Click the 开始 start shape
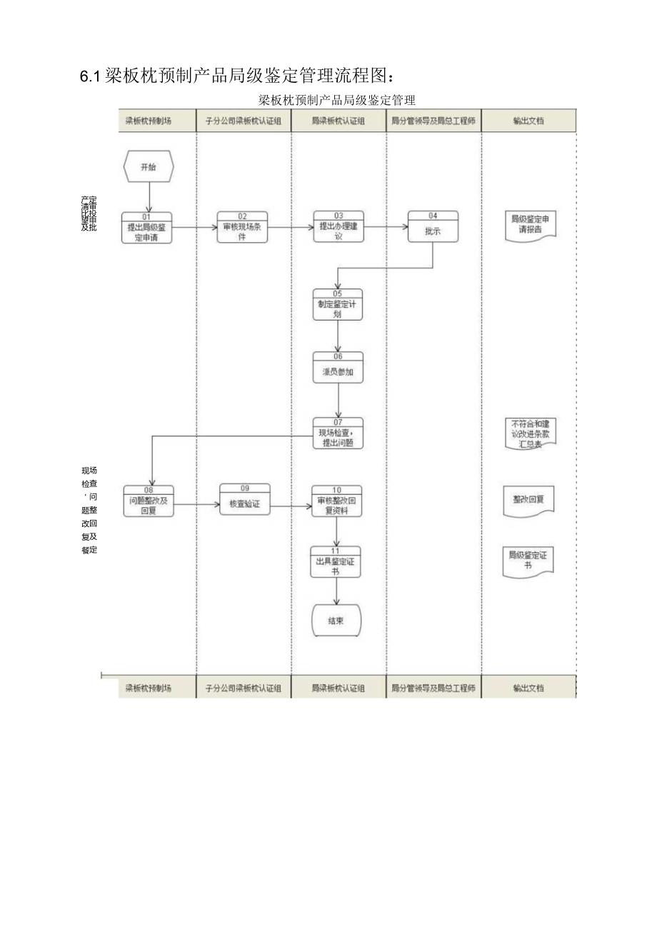point(148,167)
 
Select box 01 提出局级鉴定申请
point(147,229)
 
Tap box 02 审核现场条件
point(243,227)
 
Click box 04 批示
point(433,227)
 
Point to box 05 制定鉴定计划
point(338,305)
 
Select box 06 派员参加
point(338,368)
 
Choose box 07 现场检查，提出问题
point(338,433)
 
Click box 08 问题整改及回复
point(149,501)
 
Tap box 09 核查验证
point(245,500)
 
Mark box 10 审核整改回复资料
point(336,501)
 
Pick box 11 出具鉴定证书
point(336,562)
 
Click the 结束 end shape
point(336,621)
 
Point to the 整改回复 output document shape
point(529,501)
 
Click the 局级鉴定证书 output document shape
point(529,562)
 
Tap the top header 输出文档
point(528,121)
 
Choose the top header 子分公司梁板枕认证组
point(244,121)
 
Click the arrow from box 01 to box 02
point(195,228)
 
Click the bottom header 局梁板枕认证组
point(338,688)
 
